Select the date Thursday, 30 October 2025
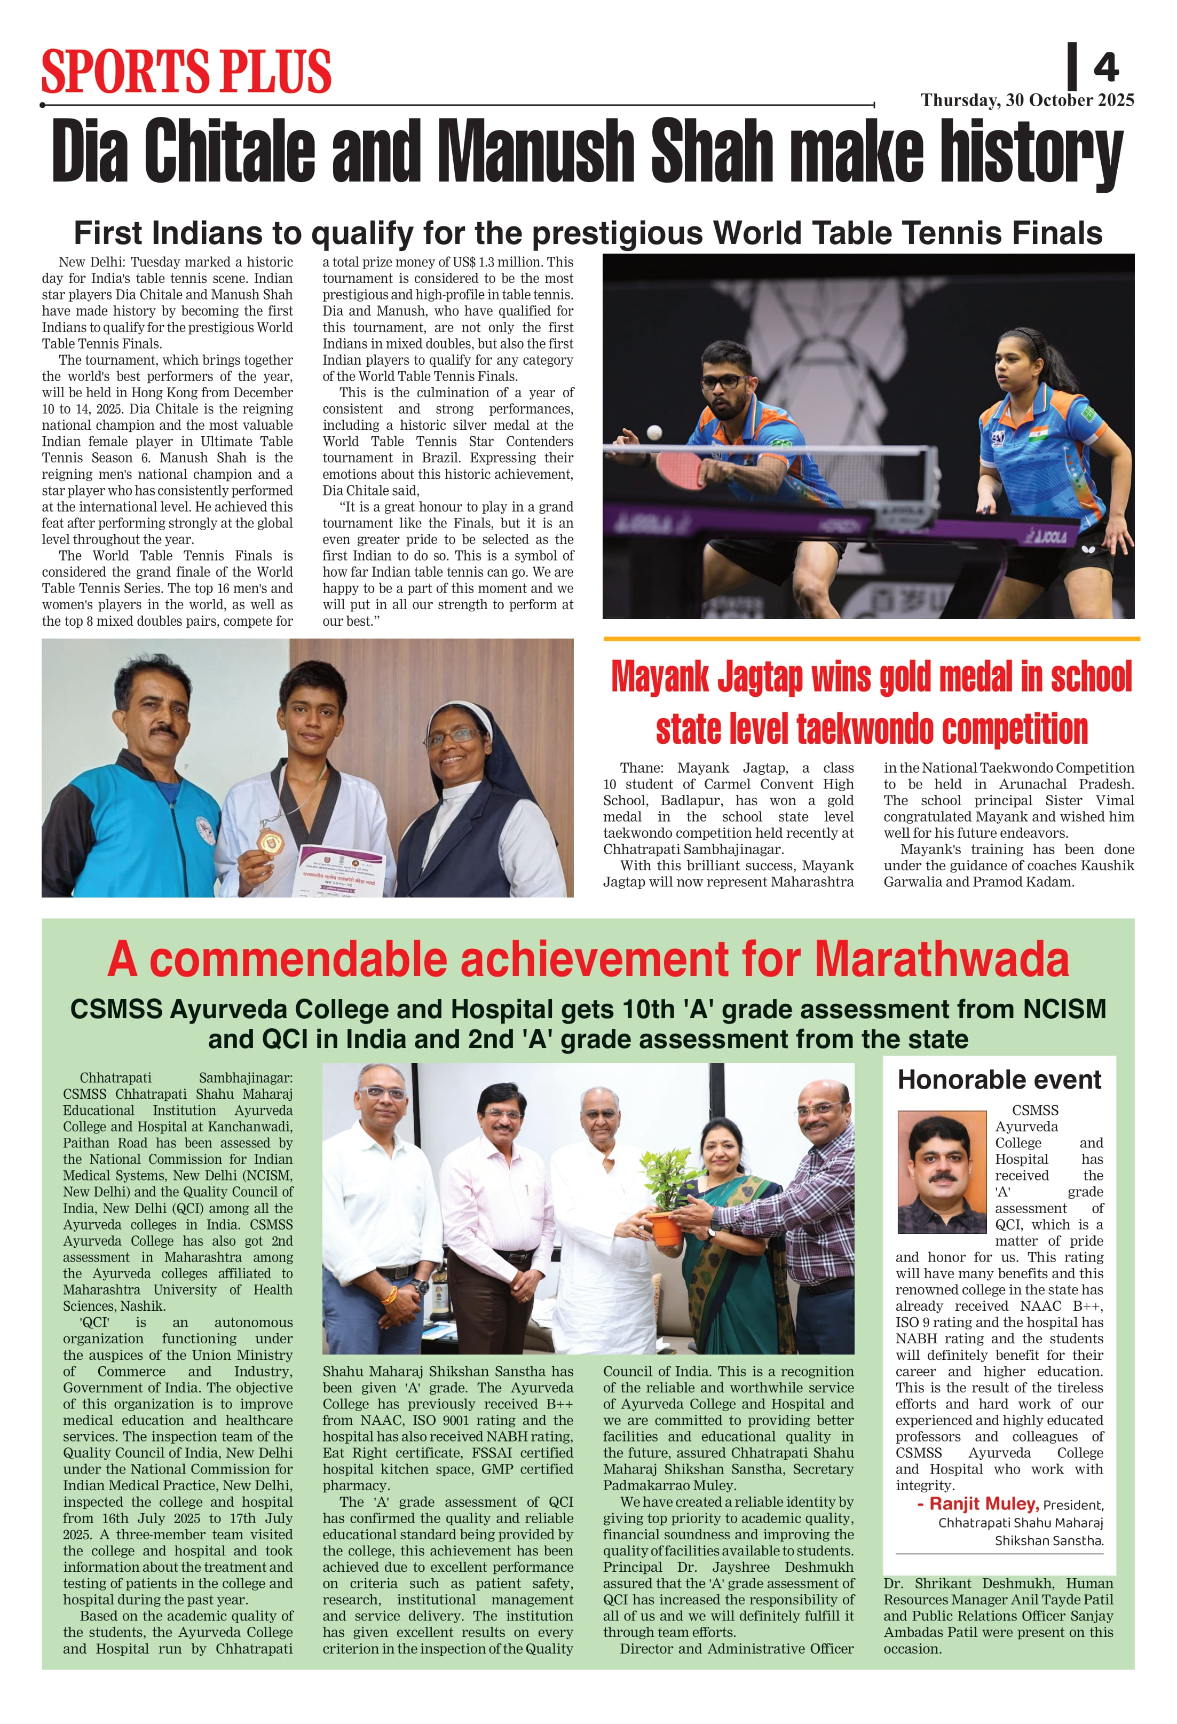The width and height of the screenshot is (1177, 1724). [x=1027, y=100]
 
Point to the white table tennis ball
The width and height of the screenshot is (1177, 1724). [x=654, y=432]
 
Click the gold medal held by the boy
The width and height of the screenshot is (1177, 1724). [x=268, y=840]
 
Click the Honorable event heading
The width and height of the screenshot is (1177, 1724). [x=999, y=1080]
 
